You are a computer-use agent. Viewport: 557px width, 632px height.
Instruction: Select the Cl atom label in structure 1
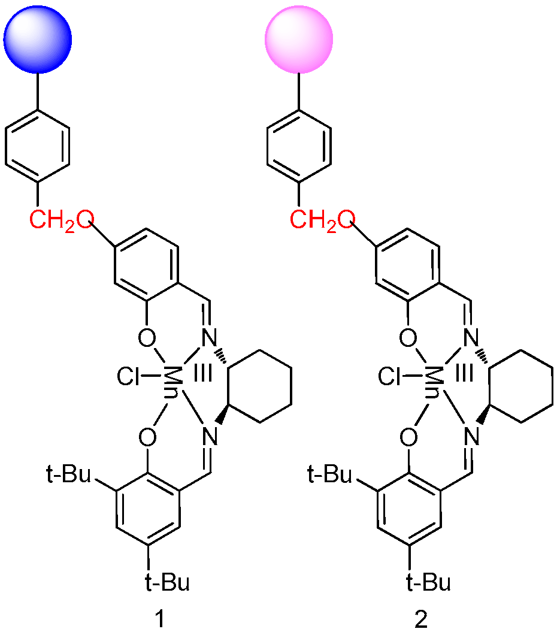(131, 378)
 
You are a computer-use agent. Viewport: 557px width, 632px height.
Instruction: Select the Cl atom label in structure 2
(391, 378)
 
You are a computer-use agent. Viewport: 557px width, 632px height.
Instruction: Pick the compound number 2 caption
(422, 618)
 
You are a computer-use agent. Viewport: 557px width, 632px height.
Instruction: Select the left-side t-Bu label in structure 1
(68, 477)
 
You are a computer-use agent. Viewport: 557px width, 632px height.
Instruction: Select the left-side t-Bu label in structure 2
(328, 477)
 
